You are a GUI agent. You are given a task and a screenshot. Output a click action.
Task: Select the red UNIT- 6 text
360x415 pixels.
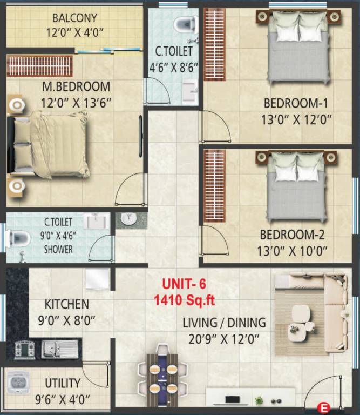185,283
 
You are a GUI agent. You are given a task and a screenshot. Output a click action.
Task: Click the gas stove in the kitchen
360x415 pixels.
25,349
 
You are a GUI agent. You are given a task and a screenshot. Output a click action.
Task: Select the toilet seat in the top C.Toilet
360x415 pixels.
184,23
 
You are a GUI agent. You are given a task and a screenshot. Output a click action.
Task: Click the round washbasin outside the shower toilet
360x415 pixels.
128,219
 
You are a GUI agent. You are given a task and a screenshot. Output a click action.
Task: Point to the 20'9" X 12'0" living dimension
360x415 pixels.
224,339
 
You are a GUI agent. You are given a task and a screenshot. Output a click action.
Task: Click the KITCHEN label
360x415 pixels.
67,304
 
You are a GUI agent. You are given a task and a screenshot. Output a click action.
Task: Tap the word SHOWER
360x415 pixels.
58,250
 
